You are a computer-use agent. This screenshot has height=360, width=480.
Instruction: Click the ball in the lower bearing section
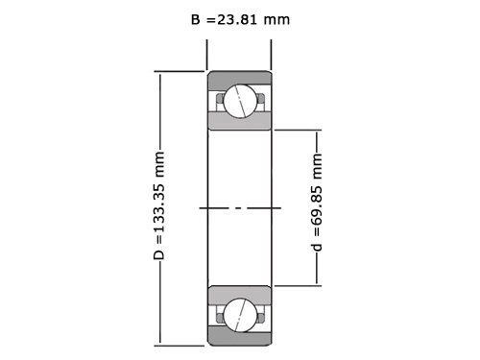(239, 314)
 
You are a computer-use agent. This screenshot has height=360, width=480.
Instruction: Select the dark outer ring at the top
(239, 78)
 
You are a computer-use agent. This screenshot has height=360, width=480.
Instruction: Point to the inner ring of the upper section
(239, 120)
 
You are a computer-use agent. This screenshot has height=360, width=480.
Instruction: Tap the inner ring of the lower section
(239, 293)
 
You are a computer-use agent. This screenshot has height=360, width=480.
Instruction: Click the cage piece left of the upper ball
(220, 96)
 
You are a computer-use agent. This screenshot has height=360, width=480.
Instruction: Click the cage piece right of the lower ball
(259, 310)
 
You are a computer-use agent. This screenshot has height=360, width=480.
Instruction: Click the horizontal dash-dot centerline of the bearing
(239, 206)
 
